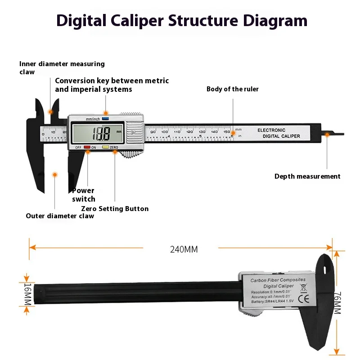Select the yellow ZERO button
106,147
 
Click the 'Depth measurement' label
307,176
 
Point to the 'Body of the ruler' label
233,89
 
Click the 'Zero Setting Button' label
115,209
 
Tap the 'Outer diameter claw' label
60,216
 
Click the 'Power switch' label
84,194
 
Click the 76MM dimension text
338,303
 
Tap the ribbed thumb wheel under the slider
130,154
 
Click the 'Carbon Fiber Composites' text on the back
278,280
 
